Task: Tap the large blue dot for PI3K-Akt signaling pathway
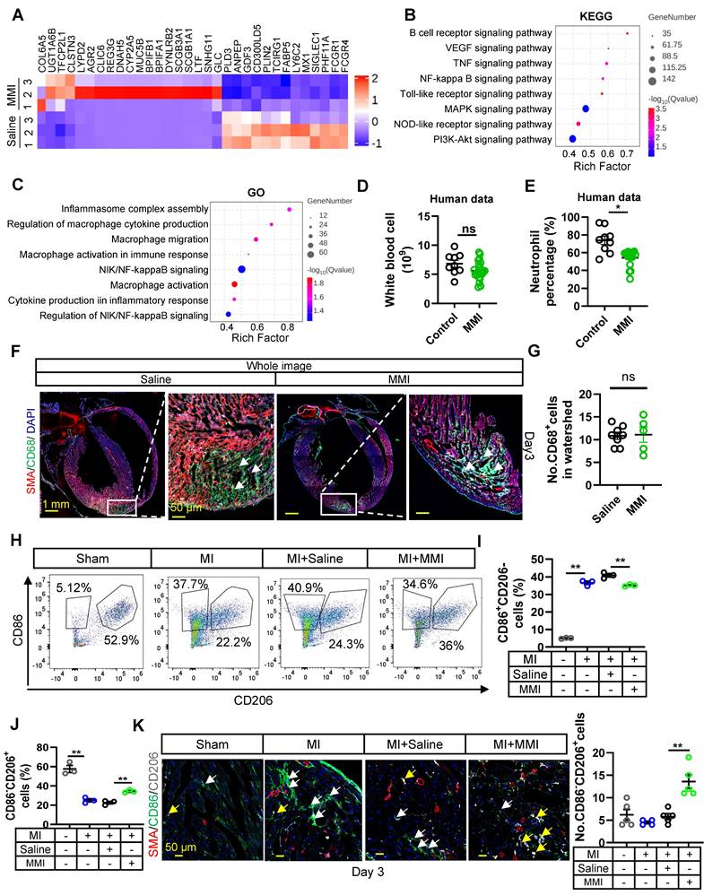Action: pos(572,139)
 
